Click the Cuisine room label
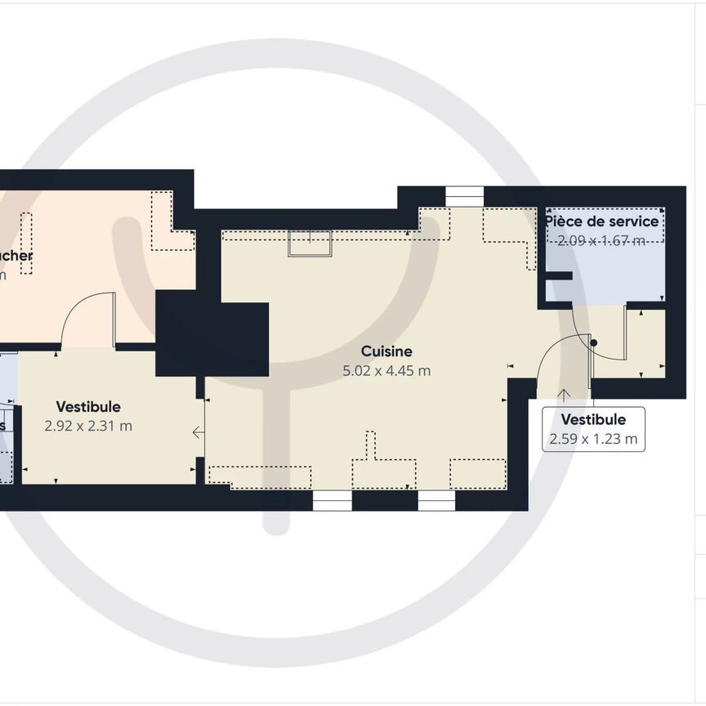point(387,351)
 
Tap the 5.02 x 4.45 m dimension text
point(387,371)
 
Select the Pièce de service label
point(601,221)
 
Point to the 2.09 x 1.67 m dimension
point(601,240)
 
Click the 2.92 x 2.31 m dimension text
point(88,426)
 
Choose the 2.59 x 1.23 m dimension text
point(593,439)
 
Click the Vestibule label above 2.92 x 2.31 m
point(88,406)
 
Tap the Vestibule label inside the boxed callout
point(593,419)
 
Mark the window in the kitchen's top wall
point(464,197)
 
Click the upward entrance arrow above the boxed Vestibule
point(564,395)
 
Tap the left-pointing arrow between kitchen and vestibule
point(199,432)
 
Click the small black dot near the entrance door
point(594,342)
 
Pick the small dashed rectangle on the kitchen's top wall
point(310,244)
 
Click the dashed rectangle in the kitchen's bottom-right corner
point(478,474)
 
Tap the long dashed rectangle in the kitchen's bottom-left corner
point(260,477)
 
